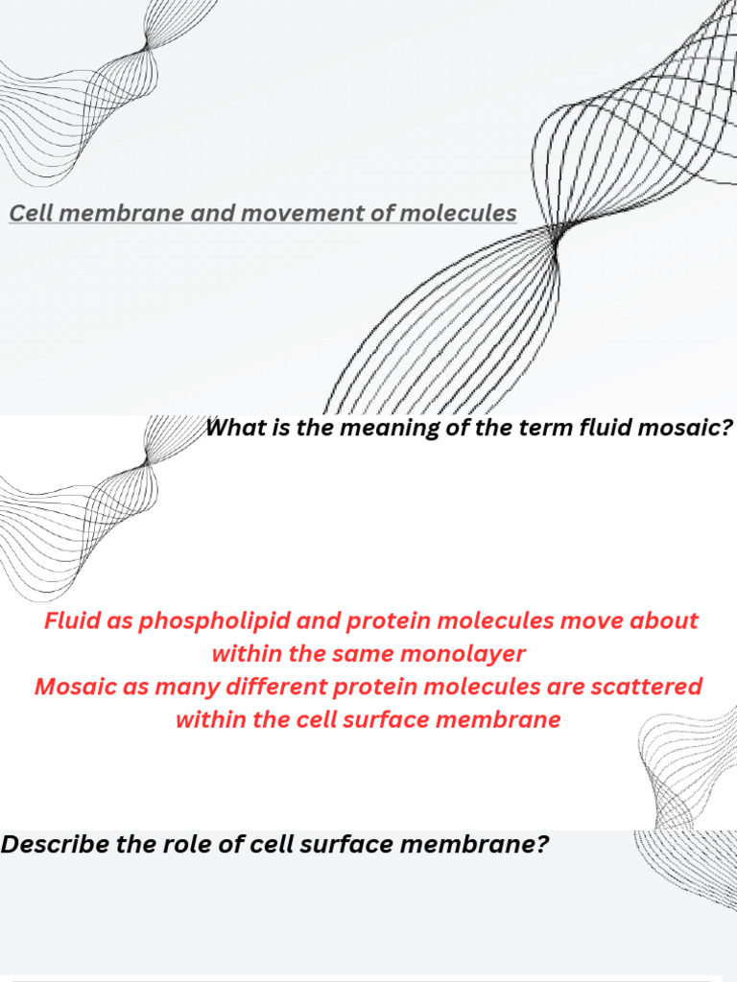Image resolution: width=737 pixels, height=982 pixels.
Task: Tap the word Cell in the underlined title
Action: coord(30,213)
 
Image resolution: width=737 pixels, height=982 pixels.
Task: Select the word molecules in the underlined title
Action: coord(458,213)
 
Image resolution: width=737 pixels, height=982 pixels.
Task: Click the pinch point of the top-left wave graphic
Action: coord(147,45)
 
